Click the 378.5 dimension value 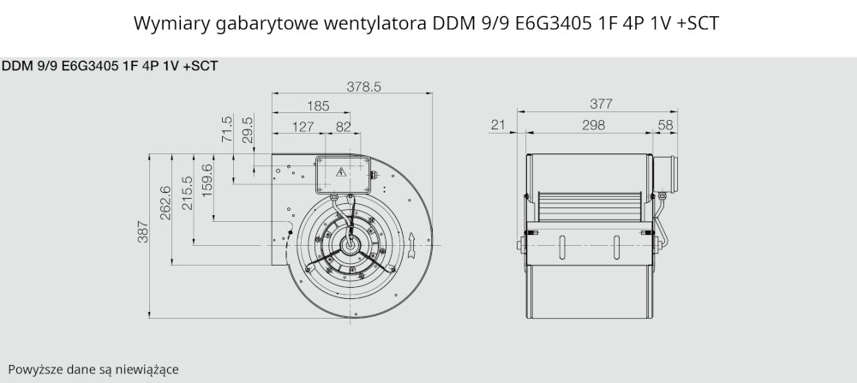(x=363, y=87)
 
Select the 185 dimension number (x=318, y=106)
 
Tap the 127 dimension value (x=303, y=127)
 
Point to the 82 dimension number (x=344, y=127)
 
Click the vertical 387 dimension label (x=142, y=231)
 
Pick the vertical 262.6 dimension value (x=165, y=203)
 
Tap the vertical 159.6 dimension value (x=207, y=181)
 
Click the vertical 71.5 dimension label (x=227, y=129)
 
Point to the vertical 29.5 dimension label (x=248, y=129)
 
